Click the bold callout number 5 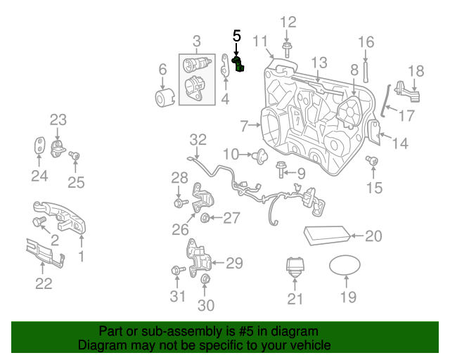[x=237, y=35]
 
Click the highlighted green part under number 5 [x=239, y=66]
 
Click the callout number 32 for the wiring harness [x=198, y=139]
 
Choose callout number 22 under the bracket [x=44, y=284]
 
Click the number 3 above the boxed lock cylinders [x=197, y=41]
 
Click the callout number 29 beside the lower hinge [x=234, y=264]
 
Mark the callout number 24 [x=39, y=176]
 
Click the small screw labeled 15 [x=373, y=162]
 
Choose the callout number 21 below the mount [x=295, y=300]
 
